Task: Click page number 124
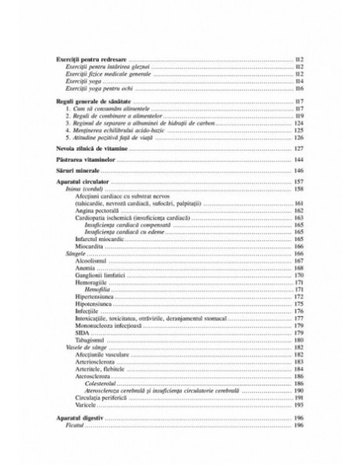click(299, 124)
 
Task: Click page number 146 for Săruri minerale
click(299, 173)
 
